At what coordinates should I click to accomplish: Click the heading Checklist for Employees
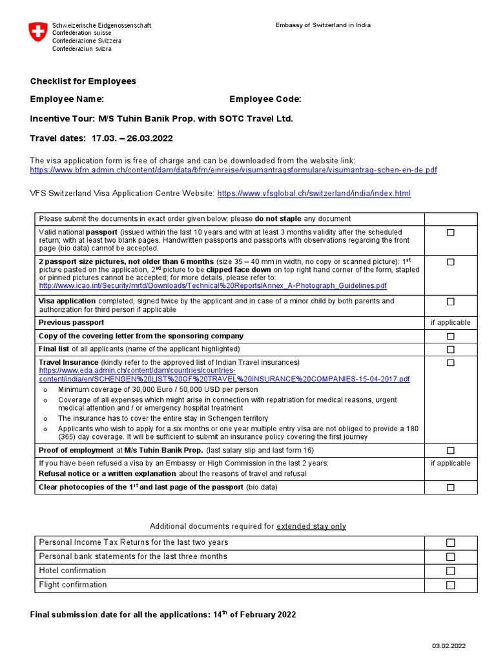coord(83,81)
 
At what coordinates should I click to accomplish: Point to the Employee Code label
coord(265,99)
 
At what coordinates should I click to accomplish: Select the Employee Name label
coord(67,99)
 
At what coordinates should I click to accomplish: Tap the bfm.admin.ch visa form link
coord(233,170)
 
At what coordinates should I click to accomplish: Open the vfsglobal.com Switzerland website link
coord(314,193)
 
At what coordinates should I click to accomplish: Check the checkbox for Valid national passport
coord(451,232)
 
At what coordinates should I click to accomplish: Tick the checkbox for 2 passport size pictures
coord(451,262)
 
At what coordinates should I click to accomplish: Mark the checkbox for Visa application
coord(451,301)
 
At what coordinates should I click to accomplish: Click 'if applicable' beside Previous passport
coord(451,323)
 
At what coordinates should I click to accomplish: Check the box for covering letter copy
coord(451,336)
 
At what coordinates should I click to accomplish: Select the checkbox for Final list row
coord(451,349)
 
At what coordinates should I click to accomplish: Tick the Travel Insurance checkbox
coord(451,363)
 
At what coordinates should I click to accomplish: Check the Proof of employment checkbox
coord(451,451)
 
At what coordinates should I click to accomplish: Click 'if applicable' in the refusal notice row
coord(451,463)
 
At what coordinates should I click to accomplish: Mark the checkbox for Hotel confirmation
coord(451,571)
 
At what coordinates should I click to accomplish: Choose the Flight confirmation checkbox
coord(451,585)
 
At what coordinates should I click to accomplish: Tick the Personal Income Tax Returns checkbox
coord(451,543)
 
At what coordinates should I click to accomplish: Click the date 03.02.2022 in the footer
coord(449,646)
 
